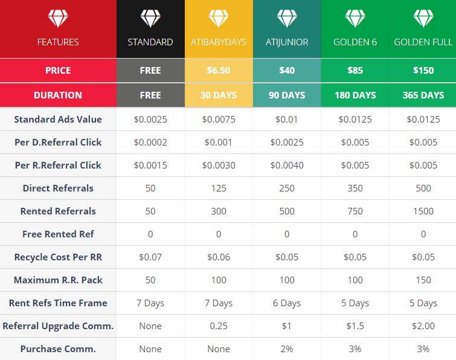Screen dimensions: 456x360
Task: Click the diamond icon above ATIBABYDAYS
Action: click(x=219, y=18)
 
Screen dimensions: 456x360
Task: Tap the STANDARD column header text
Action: click(x=150, y=42)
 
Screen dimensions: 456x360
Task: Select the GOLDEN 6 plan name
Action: click(x=355, y=42)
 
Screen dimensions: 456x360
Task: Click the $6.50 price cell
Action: click(x=219, y=71)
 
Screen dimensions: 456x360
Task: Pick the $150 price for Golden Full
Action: click(x=423, y=71)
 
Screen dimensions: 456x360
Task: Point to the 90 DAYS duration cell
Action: click(x=287, y=95)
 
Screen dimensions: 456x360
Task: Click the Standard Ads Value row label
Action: click(x=58, y=119)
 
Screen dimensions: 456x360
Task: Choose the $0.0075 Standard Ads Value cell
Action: click(x=219, y=119)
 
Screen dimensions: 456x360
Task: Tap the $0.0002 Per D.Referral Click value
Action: click(x=150, y=142)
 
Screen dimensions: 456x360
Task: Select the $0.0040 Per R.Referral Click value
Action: click(x=287, y=165)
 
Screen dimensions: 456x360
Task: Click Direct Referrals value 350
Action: click(x=355, y=188)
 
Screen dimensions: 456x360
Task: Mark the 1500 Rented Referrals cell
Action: click(x=423, y=211)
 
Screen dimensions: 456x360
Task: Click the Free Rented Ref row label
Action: click(x=58, y=234)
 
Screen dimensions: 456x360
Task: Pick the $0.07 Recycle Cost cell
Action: click(x=150, y=257)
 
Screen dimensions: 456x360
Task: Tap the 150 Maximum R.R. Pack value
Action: click(x=423, y=280)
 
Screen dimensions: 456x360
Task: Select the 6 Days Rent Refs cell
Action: click(x=287, y=303)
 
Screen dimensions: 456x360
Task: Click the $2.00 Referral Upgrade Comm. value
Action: click(x=423, y=326)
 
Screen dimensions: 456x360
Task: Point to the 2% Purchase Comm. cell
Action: click(x=287, y=349)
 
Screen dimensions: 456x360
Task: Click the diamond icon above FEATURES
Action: click(x=58, y=18)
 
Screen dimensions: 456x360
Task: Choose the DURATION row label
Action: click(x=58, y=95)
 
